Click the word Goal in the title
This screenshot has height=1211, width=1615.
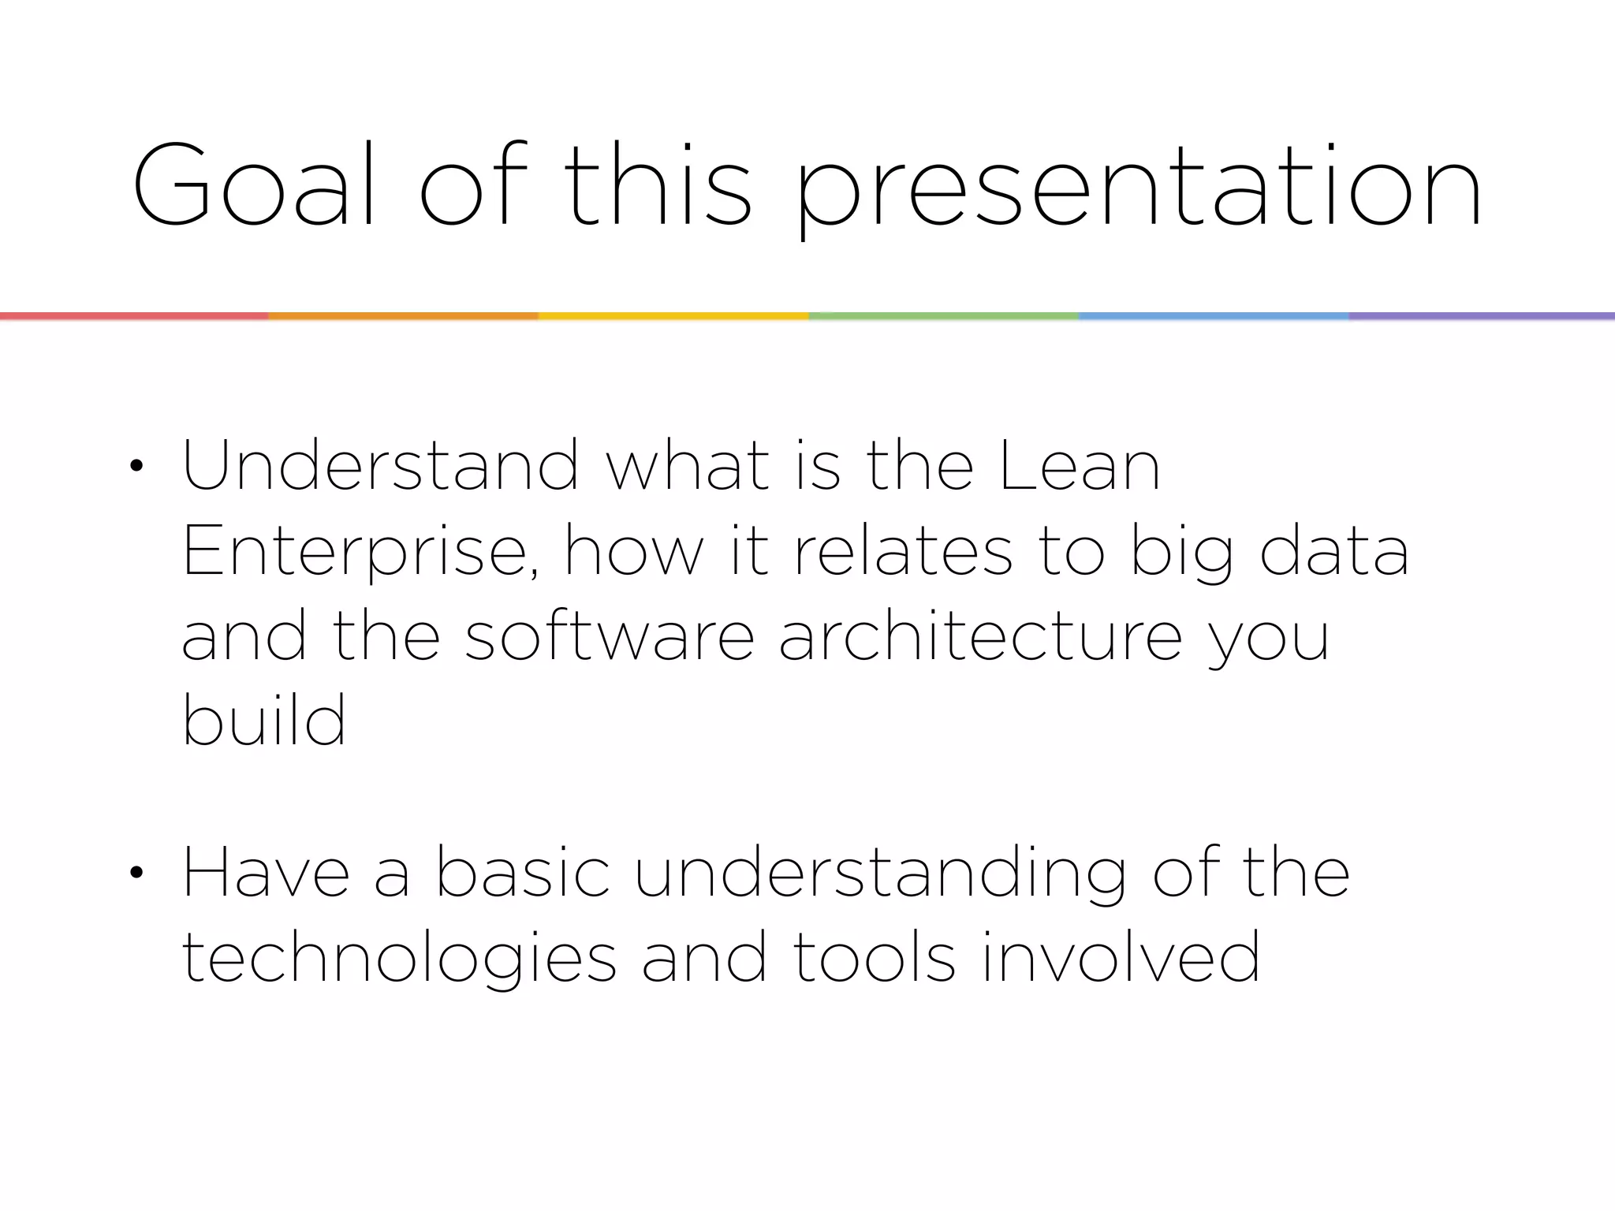point(241,185)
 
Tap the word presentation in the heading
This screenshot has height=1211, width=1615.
point(1138,189)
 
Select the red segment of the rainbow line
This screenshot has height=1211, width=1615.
point(134,316)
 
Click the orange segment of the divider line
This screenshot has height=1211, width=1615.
point(403,316)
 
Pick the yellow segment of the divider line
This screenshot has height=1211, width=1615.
point(673,316)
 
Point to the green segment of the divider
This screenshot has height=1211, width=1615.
point(943,316)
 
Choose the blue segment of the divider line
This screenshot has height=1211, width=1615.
point(1213,316)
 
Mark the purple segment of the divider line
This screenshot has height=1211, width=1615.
point(1481,316)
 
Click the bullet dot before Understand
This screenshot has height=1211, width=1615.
point(136,467)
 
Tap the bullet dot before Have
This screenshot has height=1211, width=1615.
point(136,873)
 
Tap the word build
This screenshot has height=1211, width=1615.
point(264,719)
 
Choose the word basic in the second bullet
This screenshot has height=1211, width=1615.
point(523,873)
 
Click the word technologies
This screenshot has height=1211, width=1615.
point(398,959)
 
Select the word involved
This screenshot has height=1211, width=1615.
point(1121,957)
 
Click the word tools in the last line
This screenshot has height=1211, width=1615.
point(874,957)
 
